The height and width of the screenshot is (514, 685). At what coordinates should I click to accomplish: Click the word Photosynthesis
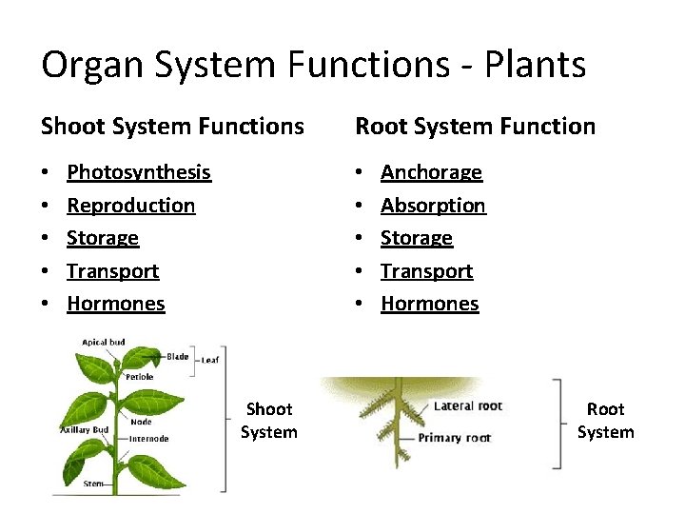(x=139, y=172)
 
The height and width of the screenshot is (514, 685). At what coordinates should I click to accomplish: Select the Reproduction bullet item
(x=131, y=206)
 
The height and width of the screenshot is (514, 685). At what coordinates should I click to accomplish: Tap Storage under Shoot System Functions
(x=103, y=238)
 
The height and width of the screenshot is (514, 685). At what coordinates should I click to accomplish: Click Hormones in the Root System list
(x=429, y=304)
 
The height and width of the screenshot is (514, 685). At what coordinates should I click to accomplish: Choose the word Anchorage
(x=431, y=172)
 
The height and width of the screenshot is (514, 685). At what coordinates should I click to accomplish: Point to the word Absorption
(x=433, y=206)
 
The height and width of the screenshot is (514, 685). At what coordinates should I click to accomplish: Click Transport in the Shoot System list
(x=113, y=271)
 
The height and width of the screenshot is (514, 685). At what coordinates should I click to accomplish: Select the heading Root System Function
(x=475, y=126)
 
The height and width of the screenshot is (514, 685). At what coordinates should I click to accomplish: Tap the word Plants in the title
(x=536, y=65)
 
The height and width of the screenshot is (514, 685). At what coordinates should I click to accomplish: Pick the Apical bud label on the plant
(x=102, y=342)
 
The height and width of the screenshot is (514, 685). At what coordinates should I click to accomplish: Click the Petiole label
(x=138, y=377)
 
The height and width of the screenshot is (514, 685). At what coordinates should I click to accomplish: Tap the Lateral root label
(x=467, y=406)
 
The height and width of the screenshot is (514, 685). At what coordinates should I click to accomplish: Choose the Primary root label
(x=455, y=439)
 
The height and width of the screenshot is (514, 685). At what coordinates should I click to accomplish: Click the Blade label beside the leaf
(x=177, y=356)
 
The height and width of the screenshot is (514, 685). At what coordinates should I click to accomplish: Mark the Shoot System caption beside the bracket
(x=268, y=421)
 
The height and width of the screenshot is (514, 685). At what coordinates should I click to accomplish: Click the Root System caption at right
(x=605, y=421)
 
